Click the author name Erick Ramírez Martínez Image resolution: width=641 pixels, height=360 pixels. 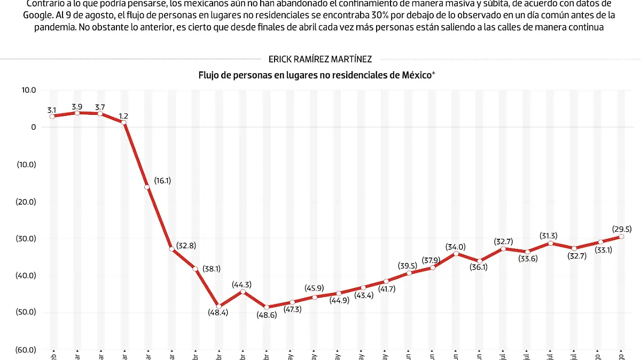(x=320, y=59)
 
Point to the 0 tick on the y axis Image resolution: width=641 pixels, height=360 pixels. (x=33, y=127)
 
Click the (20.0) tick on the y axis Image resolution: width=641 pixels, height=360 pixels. (x=26, y=201)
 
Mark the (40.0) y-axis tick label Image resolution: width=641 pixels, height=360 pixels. (x=26, y=276)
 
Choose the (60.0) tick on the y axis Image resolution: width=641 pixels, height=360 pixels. (x=26, y=350)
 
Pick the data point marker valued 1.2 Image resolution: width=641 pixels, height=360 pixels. (x=124, y=123)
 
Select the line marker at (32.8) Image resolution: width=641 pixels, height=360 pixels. (x=171, y=249)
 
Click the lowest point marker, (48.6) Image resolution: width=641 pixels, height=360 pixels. (x=267, y=307)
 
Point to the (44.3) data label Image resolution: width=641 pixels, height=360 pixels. (x=242, y=285)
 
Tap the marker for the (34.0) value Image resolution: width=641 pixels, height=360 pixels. (x=456, y=253)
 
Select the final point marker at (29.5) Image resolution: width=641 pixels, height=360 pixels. (x=621, y=237)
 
